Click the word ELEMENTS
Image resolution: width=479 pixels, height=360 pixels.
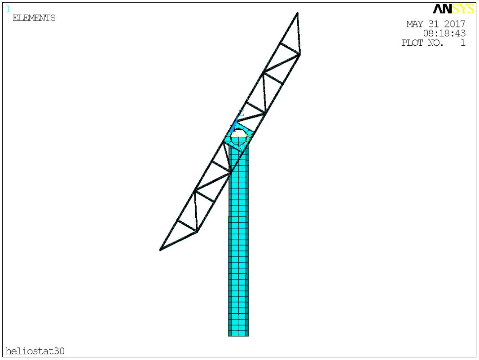coord(34,18)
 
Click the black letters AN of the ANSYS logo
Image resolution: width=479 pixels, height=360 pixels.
coord(442,9)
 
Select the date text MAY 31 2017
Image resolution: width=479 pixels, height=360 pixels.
coord(435,24)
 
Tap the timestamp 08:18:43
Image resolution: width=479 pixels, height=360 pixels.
coord(444,33)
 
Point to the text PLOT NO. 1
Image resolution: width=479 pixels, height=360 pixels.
coord(434,43)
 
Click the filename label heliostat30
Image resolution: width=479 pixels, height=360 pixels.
coord(35,351)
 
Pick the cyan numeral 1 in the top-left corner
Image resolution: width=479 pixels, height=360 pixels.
coord(8,9)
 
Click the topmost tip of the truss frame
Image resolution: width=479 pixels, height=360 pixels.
coord(297,13)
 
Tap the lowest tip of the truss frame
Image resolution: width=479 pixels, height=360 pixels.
coord(160,250)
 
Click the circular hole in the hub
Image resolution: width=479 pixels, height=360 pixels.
coord(238,137)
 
